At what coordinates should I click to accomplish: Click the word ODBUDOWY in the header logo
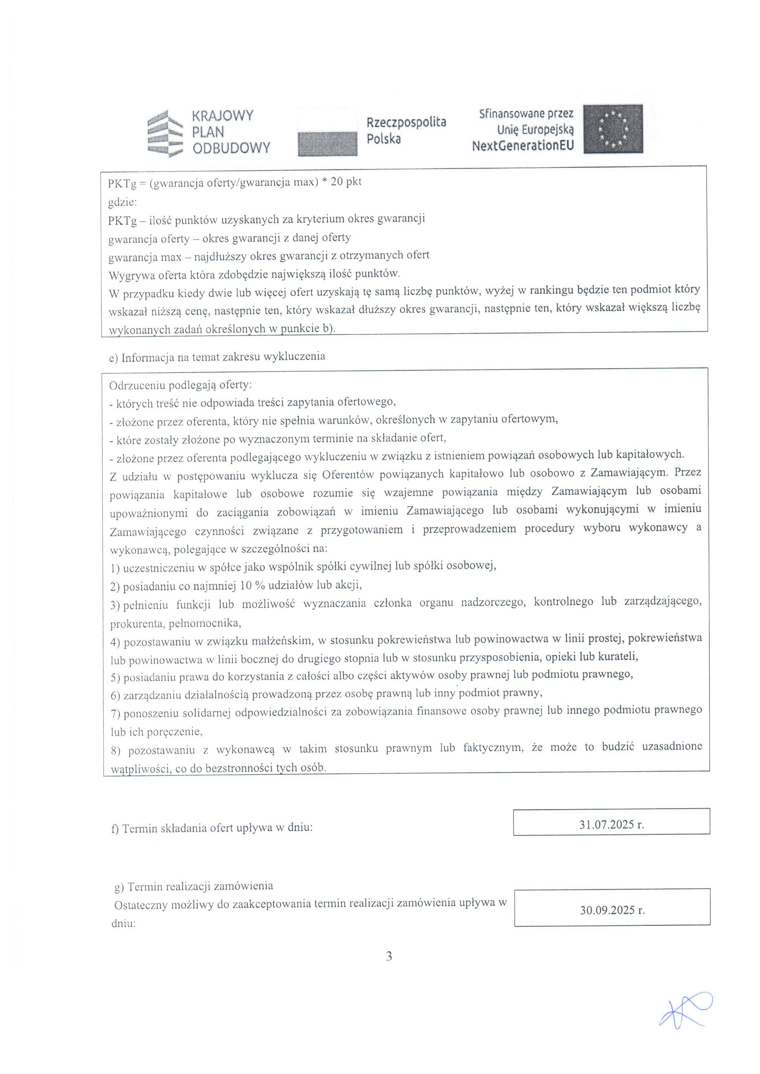231,148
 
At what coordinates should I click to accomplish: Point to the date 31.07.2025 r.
611,824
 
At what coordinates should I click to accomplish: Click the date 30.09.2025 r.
612,910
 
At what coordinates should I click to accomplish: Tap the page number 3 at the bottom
389,956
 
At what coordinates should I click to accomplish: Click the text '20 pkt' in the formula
346,182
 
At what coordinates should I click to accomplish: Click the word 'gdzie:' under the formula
123,202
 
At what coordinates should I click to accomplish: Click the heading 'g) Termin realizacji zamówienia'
194,886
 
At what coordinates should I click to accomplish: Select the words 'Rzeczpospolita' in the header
406,122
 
